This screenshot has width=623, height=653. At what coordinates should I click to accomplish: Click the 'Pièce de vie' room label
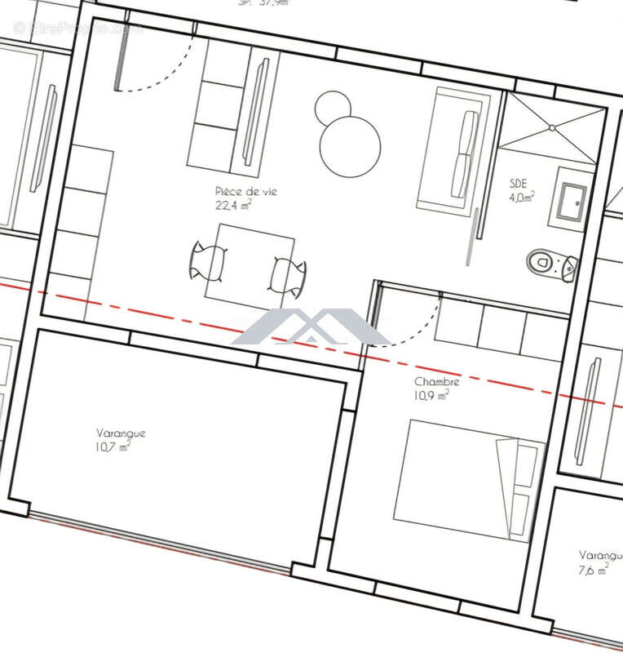pos(245,191)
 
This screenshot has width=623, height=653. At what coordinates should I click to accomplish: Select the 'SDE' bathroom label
pos(519,184)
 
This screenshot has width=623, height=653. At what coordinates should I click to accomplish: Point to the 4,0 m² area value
pos(522,197)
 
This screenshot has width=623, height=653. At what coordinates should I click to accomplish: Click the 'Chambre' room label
pos(437,382)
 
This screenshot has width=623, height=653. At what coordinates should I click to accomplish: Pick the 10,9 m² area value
pos(431,396)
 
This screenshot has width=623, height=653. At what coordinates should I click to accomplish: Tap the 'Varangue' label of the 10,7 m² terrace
pos(121,433)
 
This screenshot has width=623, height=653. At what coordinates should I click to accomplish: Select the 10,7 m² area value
pos(113,446)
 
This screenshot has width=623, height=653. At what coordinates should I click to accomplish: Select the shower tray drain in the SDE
pos(552,127)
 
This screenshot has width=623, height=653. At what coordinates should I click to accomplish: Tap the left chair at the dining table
pos(206,260)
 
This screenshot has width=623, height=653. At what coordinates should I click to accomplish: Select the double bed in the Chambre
pos(468,481)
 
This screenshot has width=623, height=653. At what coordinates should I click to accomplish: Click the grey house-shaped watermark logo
pos(311,328)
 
